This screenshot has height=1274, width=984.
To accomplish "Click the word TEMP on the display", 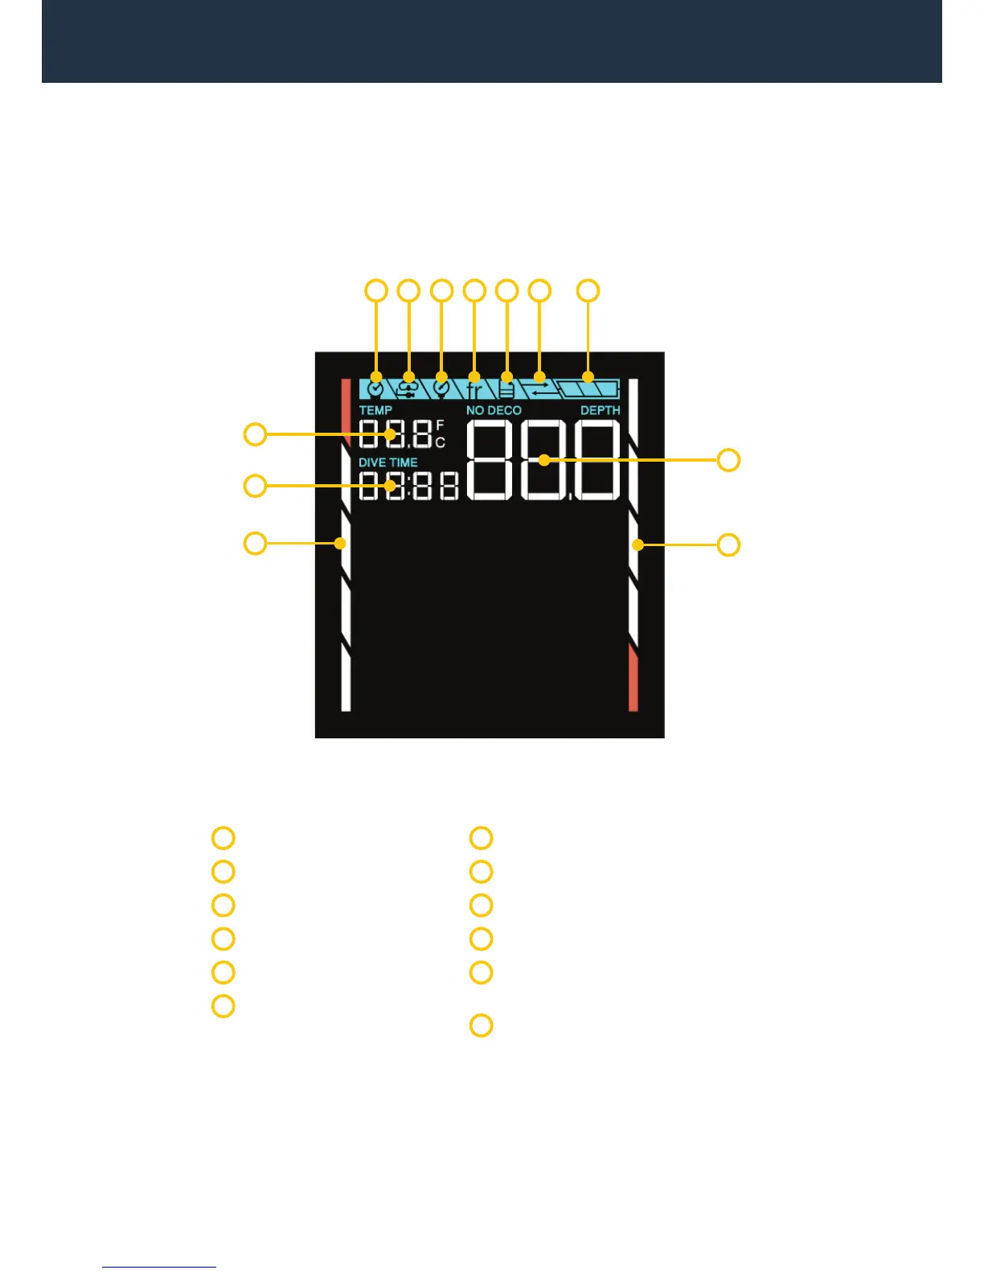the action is [x=375, y=410].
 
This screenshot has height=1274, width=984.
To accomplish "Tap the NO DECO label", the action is [x=494, y=410].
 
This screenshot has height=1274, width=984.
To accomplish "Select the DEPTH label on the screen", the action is [x=601, y=410].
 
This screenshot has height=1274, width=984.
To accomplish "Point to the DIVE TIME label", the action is [x=388, y=462].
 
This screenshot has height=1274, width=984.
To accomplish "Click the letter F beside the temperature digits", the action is [x=440, y=425].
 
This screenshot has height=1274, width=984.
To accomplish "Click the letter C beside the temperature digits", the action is [x=440, y=442].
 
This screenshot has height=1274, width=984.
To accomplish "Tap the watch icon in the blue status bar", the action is [x=375, y=388].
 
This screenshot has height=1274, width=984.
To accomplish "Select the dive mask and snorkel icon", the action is [x=408, y=388].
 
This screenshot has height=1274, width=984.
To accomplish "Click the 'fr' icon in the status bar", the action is [x=474, y=389].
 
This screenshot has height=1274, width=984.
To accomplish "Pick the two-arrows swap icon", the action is [x=539, y=389].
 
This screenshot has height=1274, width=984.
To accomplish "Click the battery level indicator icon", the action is [x=590, y=389].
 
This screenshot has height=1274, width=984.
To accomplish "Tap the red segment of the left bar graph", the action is [x=346, y=406].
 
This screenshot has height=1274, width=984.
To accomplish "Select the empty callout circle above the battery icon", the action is [x=588, y=290].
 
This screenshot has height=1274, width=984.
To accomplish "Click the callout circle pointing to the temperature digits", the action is [x=255, y=434].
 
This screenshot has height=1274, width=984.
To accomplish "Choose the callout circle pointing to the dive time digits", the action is [x=255, y=486].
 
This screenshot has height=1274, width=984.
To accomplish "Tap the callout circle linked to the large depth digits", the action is [x=728, y=460].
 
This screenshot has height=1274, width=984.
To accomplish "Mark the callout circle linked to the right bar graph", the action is [x=728, y=545].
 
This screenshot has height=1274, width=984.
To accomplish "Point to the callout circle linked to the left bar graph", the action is [x=255, y=543].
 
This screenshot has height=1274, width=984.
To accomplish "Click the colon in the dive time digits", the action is [x=409, y=486].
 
